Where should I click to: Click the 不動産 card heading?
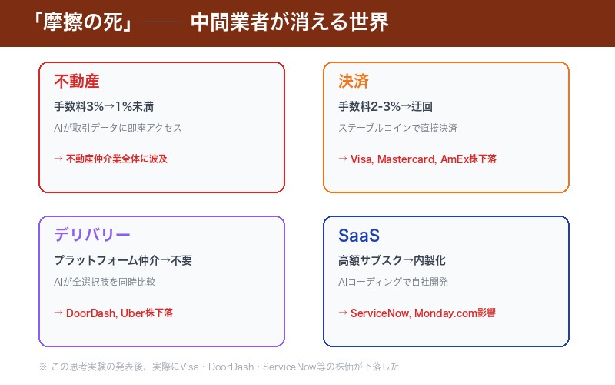click(x=77, y=81)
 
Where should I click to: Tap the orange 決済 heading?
click(x=354, y=81)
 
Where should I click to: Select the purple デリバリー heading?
click(x=92, y=235)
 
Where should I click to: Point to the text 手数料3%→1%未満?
click(x=108, y=106)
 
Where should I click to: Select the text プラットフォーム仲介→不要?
click(x=123, y=260)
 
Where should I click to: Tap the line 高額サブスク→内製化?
click(x=392, y=260)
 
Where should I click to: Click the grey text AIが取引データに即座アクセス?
click(x=118, y=128)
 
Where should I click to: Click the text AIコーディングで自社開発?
click(x=393, y=282)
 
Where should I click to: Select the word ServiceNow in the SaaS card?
click(x=380, y=313)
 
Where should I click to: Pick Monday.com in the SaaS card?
click(x=445, y=313)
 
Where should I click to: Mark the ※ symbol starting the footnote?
click(x=42, y=367)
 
